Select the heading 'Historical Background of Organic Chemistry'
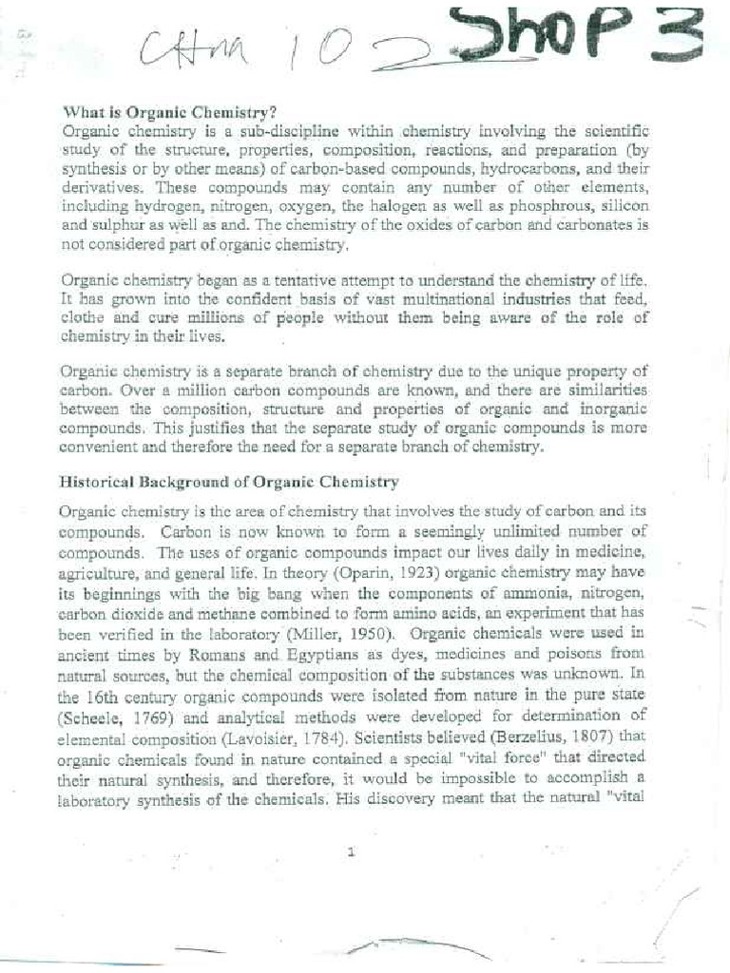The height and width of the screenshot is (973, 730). [229, 482]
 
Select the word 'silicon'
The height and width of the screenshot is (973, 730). [620, 206]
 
